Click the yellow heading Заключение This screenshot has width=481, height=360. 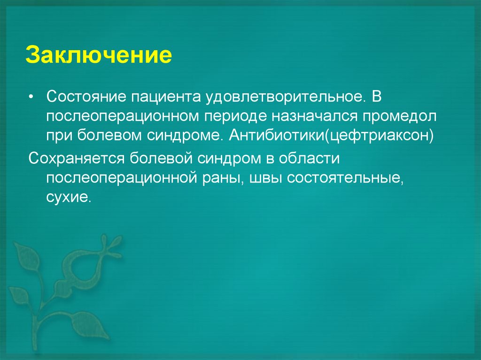point(99,55)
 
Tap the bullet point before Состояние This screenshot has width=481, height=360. point(31,96)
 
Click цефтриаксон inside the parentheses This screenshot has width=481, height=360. point(379,136)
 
